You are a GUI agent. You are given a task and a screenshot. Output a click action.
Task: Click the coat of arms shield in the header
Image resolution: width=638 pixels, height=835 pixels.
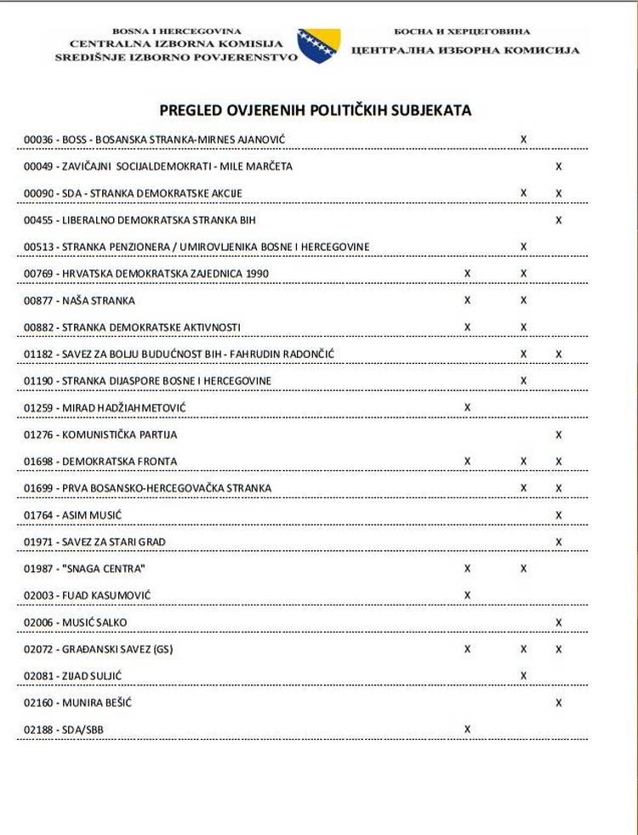pyautogui.click(x=319, y=44)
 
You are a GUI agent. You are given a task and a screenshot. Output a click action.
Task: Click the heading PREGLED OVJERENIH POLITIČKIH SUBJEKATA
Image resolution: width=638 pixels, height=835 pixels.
pyautogui.click(x=316, y=111)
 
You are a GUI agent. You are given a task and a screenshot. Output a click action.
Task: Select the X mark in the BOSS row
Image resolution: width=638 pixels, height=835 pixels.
pyautogui.click(x=523, y=139)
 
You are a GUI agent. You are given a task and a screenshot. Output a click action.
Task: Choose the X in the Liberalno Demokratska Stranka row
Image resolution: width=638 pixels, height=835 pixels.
pyautogui.click(x=558, y=220)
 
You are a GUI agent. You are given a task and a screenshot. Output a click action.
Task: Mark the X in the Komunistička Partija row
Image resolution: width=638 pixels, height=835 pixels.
pyautogui.click(x=558, y=435)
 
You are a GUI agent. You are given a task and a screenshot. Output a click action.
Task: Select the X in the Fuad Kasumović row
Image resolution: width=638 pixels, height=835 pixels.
pyautogui.click(x=467, y=594)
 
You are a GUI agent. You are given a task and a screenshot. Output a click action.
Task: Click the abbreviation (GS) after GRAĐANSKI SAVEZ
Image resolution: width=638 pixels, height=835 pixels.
pyautogui.click(x=162, y=650)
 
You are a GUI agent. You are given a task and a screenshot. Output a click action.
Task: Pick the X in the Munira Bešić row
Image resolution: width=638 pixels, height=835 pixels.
pyautogui.click(x=558, y=702)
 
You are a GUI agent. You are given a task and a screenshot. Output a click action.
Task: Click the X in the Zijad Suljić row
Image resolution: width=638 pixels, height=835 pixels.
pyautogui.click(x=523, y=675)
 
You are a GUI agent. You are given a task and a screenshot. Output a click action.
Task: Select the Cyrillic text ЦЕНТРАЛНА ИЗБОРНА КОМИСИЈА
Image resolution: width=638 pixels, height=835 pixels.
pyautogui.click(x=465, y=50)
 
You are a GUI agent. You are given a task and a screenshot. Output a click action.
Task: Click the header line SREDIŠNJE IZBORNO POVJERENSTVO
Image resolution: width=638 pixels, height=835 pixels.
pyautogui.click(x=176, y=57)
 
